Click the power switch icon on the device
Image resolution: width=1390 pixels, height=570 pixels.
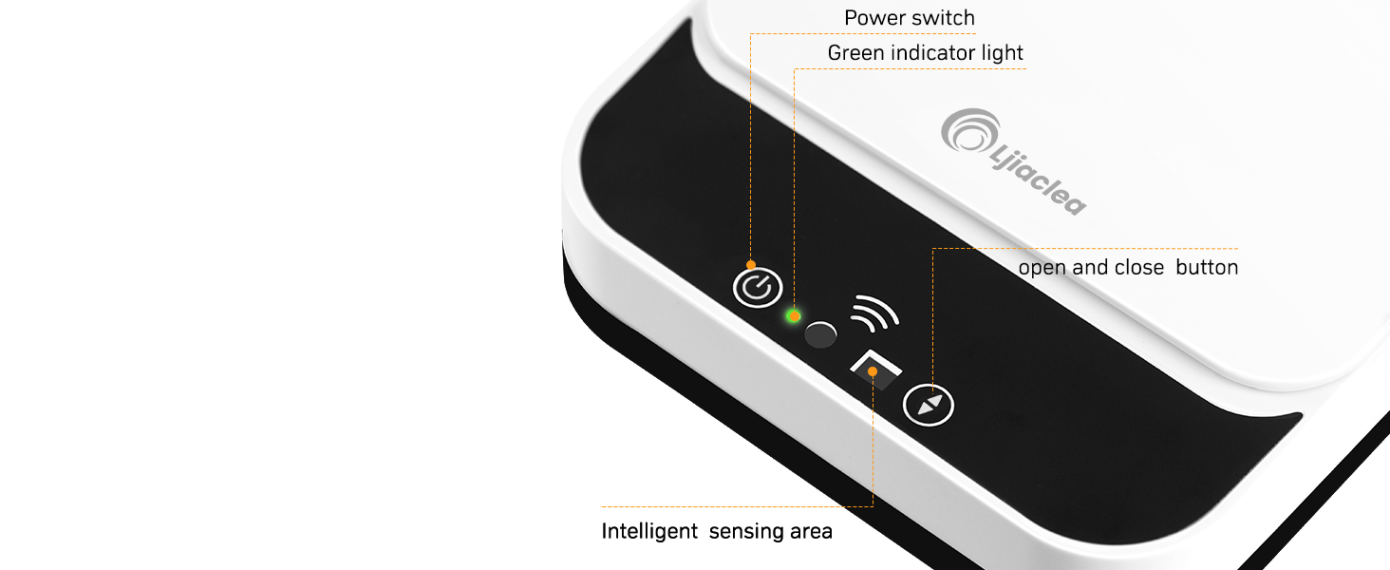(757, 288)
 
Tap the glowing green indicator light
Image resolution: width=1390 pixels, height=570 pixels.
(793, 316)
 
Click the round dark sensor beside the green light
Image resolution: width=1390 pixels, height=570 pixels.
(820, 334)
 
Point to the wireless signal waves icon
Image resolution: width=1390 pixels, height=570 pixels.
(874, 313)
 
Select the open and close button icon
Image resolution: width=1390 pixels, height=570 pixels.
(928, 405)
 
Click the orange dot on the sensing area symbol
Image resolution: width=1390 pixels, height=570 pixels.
(873, 371)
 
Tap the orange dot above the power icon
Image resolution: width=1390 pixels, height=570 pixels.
(751, 265)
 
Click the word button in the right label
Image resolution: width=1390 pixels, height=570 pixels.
(1207, 267)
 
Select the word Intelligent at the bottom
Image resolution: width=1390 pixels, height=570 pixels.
(649, 531)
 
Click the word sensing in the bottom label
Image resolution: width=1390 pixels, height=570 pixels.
(746, 532)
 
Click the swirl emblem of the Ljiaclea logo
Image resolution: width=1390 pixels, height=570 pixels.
(969, 131)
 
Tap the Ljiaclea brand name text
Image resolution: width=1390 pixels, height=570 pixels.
(1038, 180)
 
